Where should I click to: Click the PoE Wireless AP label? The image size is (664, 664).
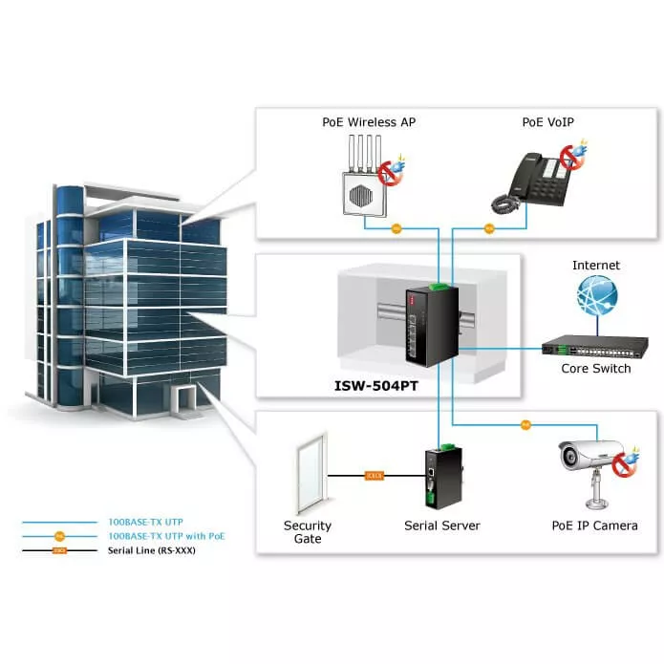pos(369,121)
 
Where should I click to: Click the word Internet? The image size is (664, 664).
pos(596,265)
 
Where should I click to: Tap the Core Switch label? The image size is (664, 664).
pos(595,369)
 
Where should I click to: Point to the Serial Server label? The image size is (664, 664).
pos(442,525)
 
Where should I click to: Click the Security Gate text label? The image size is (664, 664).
pos(308,532)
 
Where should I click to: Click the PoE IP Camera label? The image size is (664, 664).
pos(594,525)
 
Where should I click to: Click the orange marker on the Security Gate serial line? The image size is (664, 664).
pos(374,475)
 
